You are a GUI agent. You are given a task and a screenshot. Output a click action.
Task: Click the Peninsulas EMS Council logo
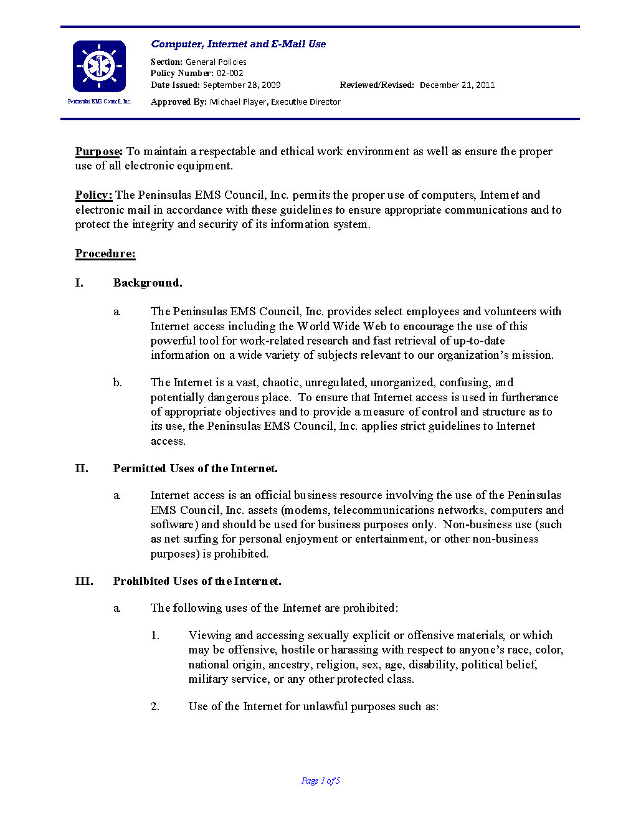(x=99, y=66)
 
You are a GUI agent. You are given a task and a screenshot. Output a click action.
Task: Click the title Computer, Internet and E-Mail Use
(x=238, y=44)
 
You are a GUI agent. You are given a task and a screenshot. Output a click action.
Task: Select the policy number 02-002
(x=230, y=73)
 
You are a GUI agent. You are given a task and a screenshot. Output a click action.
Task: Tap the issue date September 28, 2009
(x=241, y=85)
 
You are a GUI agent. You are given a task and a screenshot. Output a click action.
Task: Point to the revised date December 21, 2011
(x=457, y=85)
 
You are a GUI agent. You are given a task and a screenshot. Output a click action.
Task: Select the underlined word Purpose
(x=98, y=151)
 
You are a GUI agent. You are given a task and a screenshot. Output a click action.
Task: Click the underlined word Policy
(x=93, y=195)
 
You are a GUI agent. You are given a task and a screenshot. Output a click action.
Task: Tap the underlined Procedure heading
(x=105, y=254)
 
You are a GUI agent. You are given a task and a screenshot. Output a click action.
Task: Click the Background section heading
(x=148, y=283)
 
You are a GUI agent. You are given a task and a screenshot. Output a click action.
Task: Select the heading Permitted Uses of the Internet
(x=195, y=468)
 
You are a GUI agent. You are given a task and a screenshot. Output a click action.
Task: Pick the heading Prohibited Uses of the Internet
(x=197, y=581)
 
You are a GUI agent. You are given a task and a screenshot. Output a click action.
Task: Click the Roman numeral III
(x=84, y=581)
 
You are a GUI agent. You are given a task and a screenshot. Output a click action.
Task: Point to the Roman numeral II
(x=82, y=468)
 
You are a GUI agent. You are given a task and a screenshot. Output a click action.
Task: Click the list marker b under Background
(x=117, y=382)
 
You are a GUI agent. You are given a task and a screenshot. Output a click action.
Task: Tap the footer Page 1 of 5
(x=320, y=781)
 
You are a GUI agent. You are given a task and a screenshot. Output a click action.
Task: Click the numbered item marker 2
(x=155, y=706)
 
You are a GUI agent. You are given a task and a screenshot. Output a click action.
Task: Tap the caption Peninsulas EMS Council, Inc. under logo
(x=99, y=102)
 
